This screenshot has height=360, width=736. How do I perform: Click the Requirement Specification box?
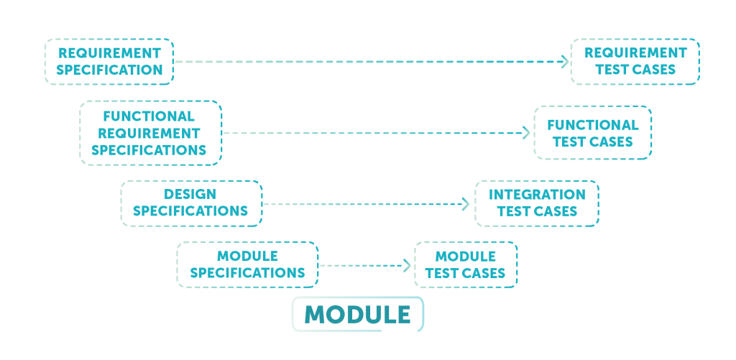pyautogui.click(x=109, y=62)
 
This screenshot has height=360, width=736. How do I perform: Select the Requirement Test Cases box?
pyautogui.click(x=635, y=62)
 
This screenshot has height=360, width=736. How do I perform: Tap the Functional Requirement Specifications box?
pyautogui.click(x=150, y=133)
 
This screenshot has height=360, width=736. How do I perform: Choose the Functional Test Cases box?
pyautogui.click(x=592, y=133)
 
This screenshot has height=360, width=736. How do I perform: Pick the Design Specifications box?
pyautogui.click(x=190, y=203)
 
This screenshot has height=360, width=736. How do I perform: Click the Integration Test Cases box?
pyautogui.click(x=537, y=203)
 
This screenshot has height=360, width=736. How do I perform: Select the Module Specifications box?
pyautogui.click(x=247, y=265)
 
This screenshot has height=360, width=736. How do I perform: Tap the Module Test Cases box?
pyautogui.click(x=465, y=265)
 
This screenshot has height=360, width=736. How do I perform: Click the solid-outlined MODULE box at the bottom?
pyautogui.click(x=357, y=314)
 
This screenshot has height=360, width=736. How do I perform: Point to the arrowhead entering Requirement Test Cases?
pyautogui.click(x=565, y=62)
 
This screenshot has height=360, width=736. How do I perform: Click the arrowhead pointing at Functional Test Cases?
pyautogui.click(x=527, y=133)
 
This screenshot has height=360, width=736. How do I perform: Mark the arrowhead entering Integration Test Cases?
pyautogui.click(x=466, y=204)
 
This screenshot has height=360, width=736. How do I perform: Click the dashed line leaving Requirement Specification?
pyautogui.click(x=359, y=62)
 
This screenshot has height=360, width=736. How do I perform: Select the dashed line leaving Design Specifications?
pyautogui.click(x=359, y=204)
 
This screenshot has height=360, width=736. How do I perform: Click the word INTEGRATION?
pyautogui.click(x=537, y=195)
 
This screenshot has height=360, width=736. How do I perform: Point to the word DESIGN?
pyautogui.click(x=190, y=195)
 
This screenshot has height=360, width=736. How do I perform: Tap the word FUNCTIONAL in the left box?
pyautogui.click(x=149, y=116)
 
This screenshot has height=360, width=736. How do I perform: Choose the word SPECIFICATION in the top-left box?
pyautogui.click(x=109, y=70)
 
